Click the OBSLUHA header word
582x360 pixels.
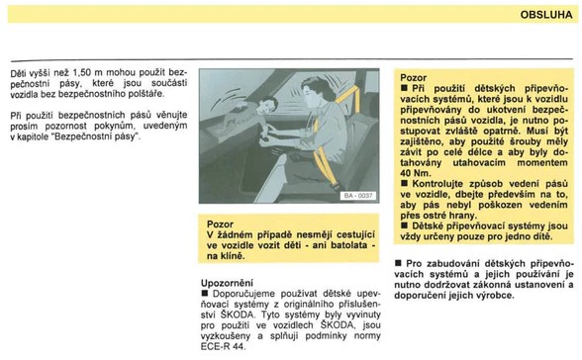click(546, 15)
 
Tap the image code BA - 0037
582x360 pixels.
click(358, 196)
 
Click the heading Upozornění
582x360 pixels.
click(228, 283)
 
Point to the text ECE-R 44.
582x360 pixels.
click(223, 347)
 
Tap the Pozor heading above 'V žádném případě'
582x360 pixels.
click(220, 225)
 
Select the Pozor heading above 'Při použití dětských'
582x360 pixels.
click(413, 78)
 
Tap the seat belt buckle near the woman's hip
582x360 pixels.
click(336, 184)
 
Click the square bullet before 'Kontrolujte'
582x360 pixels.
click(404, 183)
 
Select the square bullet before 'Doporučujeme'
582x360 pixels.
click(205, 294)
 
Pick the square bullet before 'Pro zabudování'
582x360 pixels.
click(398, 263)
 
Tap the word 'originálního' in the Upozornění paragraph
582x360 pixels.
click(309, 305)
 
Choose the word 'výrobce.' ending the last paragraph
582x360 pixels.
click(496, 296)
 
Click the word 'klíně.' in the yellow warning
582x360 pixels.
click(232, 256)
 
